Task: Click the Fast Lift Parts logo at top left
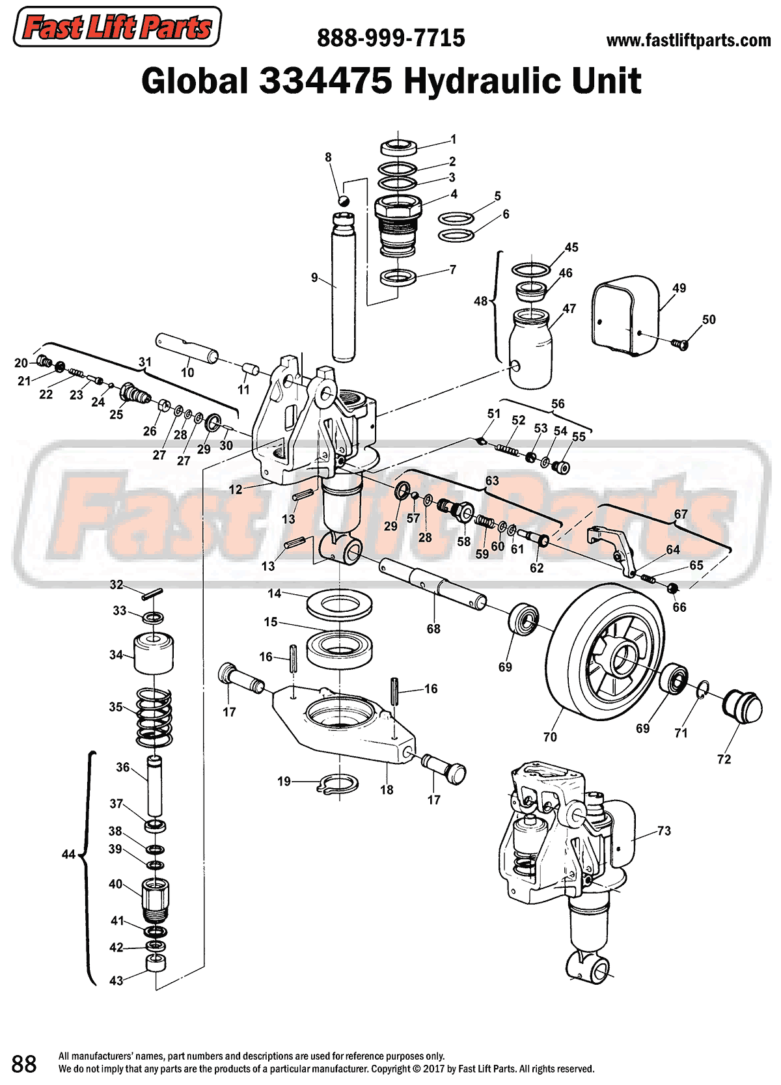coord(117,27)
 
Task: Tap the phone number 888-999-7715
coord(390,38)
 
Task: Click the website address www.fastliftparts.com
coord(688,40)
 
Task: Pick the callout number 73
coord(664,831)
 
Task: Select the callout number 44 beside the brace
coord(68,854)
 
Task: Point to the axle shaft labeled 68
coord(433,584)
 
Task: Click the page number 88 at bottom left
coord(24,1064)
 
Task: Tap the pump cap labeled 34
coord(154,653)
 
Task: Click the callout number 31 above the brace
coord(144,362)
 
